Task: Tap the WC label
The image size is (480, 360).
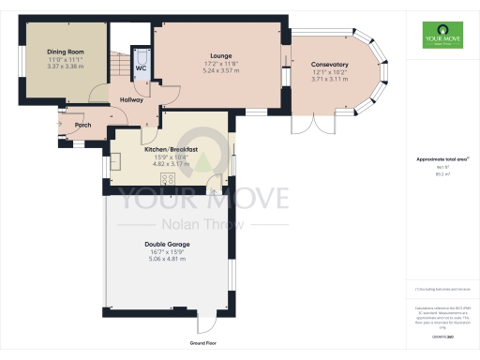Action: (141, 68)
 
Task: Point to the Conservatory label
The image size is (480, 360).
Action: (329, 65)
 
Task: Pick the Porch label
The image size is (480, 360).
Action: (82, 124)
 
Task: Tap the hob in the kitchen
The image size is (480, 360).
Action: (170, 180)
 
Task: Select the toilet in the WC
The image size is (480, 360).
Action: (141, 55)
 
